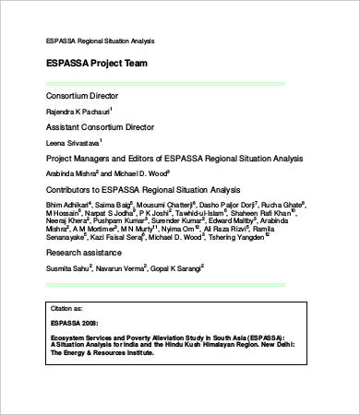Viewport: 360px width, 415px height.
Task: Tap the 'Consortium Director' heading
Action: point(83,95)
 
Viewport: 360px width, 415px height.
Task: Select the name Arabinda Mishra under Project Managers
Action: point(70,173)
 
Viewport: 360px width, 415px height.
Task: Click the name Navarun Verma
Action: point(119,267)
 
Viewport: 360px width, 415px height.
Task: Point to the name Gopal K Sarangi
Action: point(176,267)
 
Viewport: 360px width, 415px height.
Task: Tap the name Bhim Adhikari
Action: point(67,205)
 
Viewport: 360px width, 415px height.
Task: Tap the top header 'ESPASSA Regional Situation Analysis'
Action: point(101,41)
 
